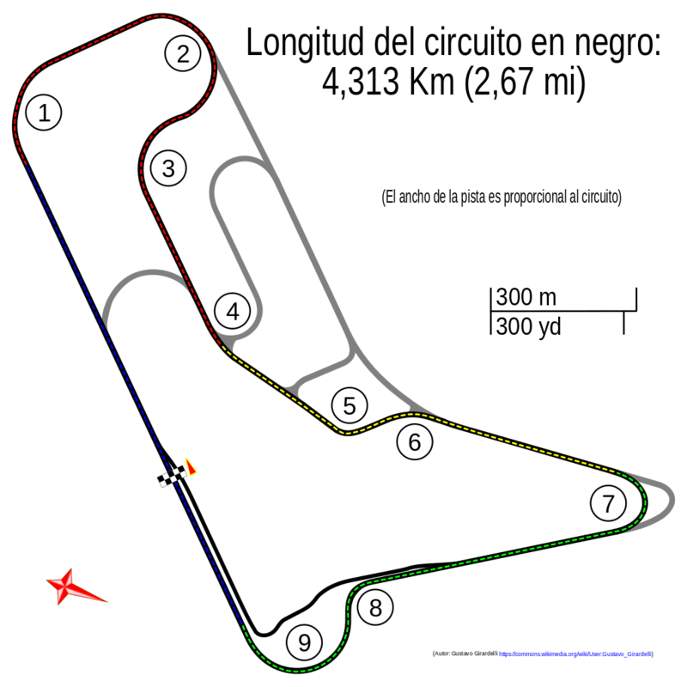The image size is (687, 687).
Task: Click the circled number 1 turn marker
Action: pos(44,112)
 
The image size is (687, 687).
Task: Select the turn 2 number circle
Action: pos(183,54)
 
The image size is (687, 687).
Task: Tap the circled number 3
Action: pos(167,168)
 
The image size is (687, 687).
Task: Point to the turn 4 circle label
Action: pos(233,312)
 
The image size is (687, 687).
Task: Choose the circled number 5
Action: pos(348,405)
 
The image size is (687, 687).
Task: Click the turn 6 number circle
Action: pos(415,442)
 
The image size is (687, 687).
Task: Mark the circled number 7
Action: pos(608,503)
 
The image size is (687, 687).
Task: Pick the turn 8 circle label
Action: pos(375,608)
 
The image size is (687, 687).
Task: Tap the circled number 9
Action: pos(303,642)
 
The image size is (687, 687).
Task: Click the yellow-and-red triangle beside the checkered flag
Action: pos(191,466)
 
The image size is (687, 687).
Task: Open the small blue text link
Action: pos(575,654)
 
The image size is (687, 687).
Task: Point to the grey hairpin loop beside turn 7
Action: pos(665,502)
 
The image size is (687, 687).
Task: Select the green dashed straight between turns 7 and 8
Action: pos(489,558)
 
